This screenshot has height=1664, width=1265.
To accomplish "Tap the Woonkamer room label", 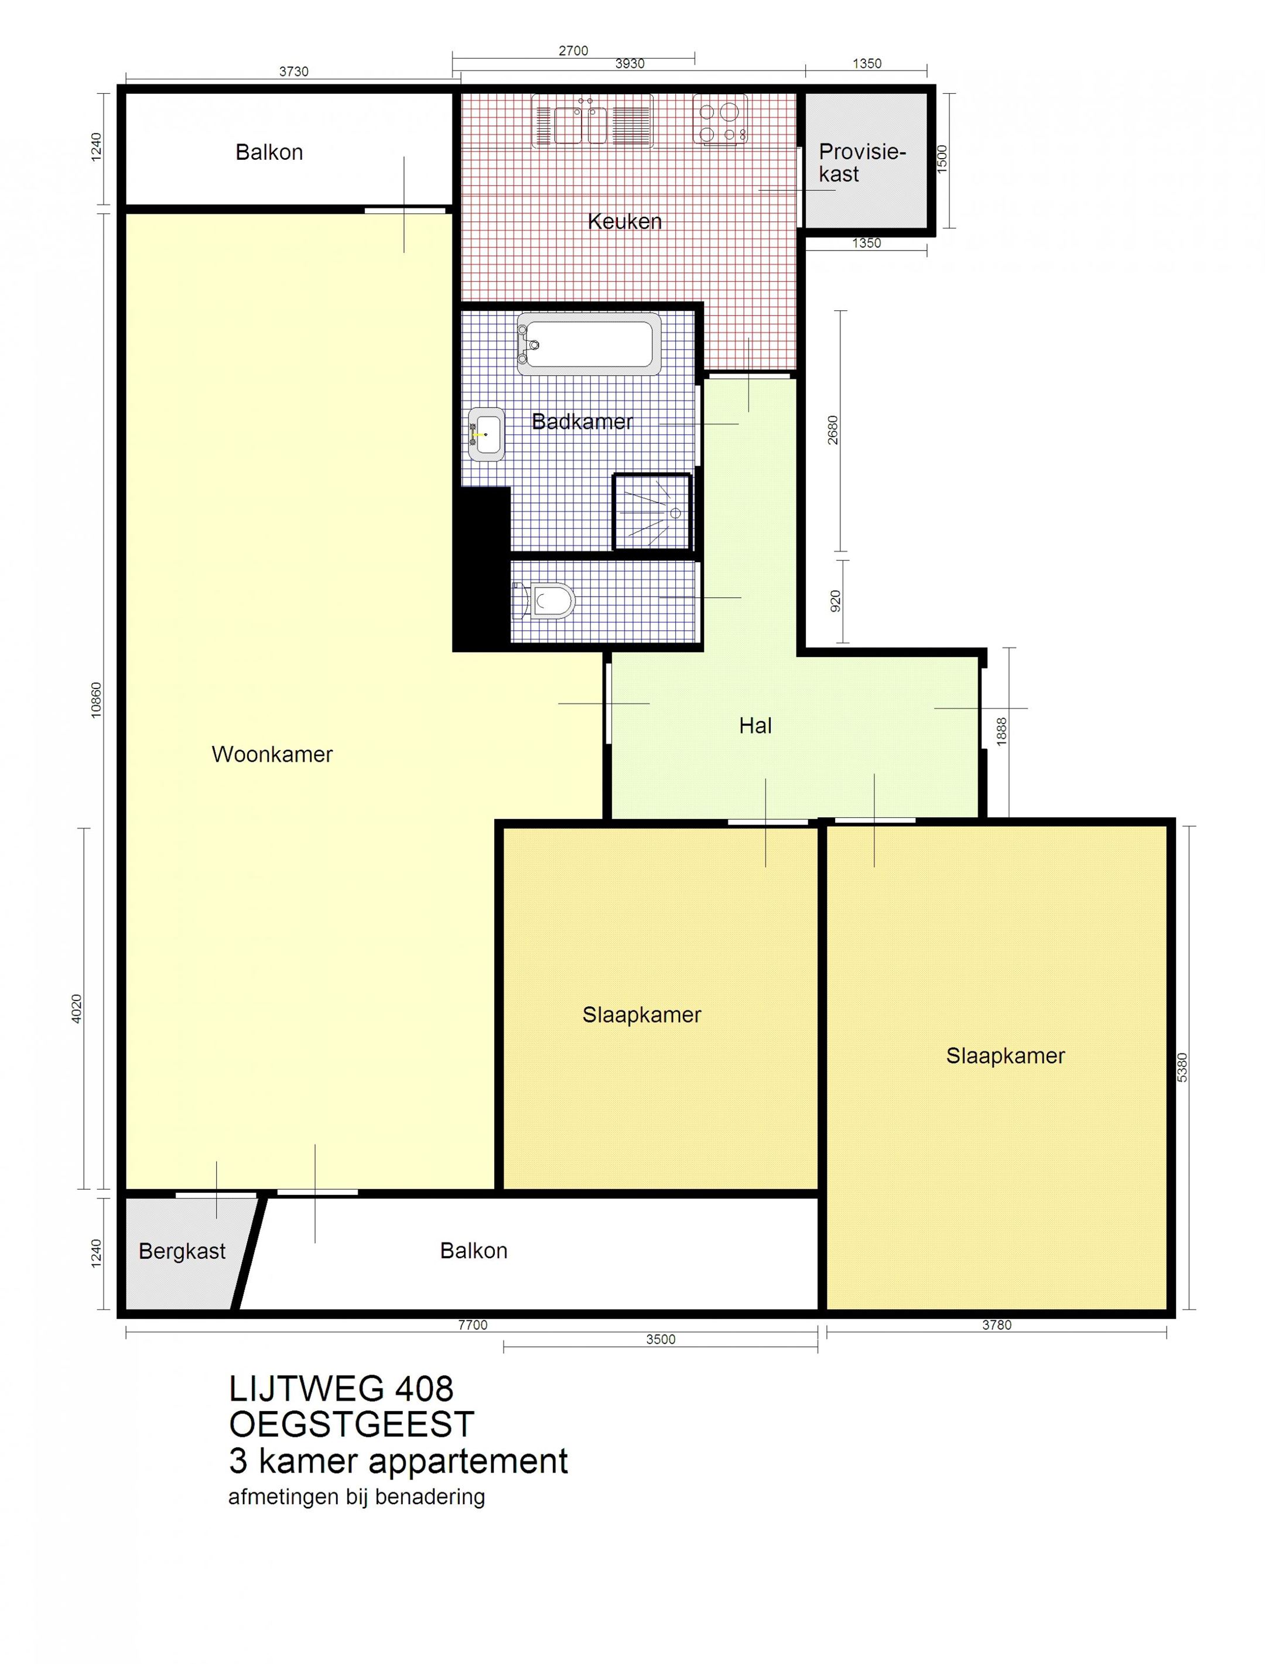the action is click(x=272, y=754).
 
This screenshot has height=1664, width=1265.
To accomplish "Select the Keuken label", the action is click(x=624, y=221).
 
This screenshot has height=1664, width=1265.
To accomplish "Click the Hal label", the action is click(x=755, y=725).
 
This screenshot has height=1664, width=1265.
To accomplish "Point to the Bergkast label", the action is click(x=182, y=1252).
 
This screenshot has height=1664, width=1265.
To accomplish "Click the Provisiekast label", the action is click(x=861, y=163).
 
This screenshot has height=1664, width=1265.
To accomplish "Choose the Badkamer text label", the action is click(x=582, y=422).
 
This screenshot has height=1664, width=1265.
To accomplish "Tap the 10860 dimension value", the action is click(x=95, y=700).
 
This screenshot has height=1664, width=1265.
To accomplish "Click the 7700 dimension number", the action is click(x=473, y=1326).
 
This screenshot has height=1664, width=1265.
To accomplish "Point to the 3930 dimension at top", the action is click(x=630, y=64).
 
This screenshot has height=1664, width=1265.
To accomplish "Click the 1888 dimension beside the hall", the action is click(x=1001, y=731).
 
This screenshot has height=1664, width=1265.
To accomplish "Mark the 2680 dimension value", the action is click(x=832, y=430).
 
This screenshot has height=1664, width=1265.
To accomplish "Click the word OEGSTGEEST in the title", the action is click(x=351, y=1424).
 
